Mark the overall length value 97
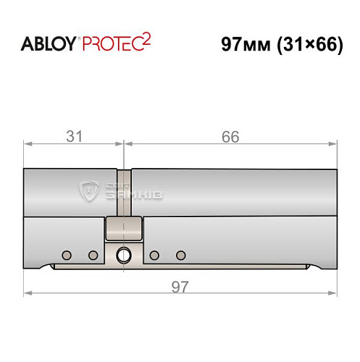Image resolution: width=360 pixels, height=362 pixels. [180, 287]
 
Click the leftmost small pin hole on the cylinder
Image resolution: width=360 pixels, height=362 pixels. [67, 255]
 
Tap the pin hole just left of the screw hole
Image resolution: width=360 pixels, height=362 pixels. [93, 255]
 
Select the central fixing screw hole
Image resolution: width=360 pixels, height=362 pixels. [124, 254]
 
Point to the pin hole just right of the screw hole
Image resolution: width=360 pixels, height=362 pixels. [154, 255]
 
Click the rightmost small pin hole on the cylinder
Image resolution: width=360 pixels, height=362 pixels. [180, 255]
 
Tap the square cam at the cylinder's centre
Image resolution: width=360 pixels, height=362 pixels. [123, 230]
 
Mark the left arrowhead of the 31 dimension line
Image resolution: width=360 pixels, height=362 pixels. [28, 144]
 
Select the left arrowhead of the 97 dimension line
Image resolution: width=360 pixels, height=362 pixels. [28, 294]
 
